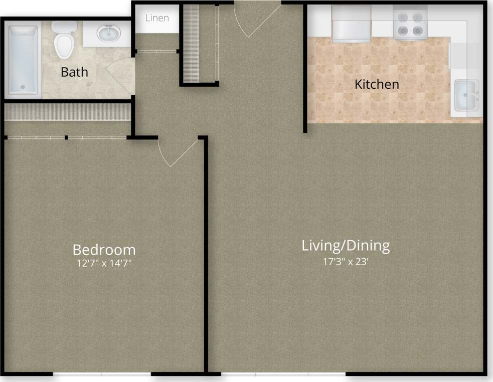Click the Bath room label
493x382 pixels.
tap(74, 72)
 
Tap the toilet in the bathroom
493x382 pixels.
tap(63, 41)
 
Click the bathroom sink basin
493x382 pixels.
tap(108, 34)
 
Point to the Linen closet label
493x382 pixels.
tap(157, 18)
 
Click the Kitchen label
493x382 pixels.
tap(377, 84)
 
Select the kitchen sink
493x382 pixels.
tap(465, 95)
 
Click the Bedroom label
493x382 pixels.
tap(104, 249)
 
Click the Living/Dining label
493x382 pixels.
tap(346, 246)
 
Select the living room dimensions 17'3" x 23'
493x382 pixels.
tap(346, 261)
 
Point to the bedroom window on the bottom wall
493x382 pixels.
tap(102, 373)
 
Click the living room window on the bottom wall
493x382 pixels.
tap(284, 373)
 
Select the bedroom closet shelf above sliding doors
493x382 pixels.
tap(68, 112)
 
